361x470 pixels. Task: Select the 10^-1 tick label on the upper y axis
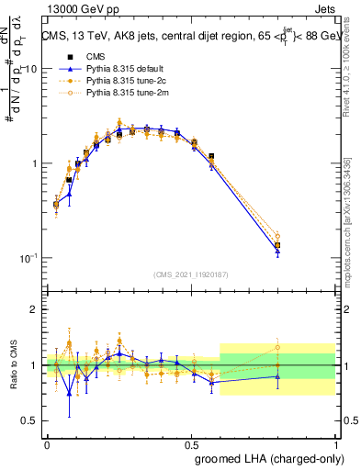(28, 258)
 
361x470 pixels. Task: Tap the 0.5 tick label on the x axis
(191, 443)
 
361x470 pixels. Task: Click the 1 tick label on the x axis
(335, 443)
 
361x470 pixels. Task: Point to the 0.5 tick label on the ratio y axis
(30, 420)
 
